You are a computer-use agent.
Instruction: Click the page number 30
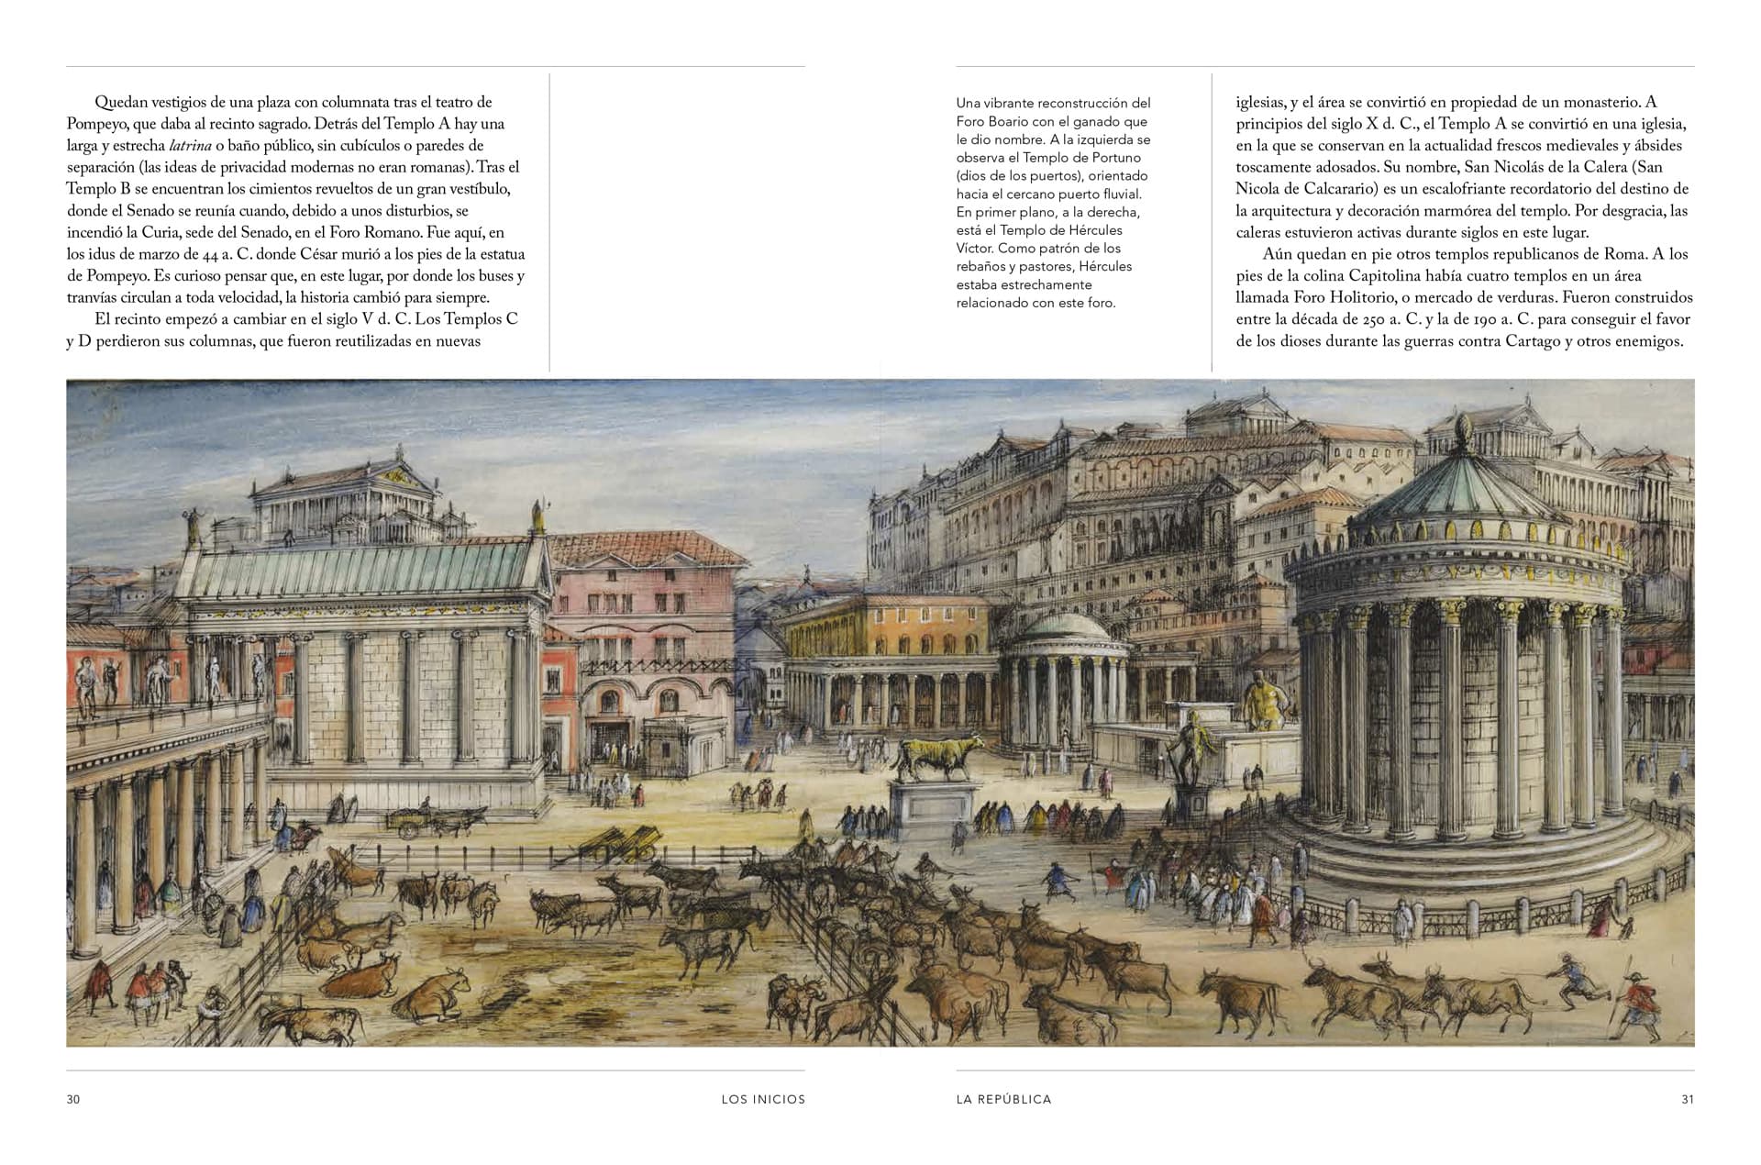tap(73, 1099)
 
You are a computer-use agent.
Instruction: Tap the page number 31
tap(1688, 1099)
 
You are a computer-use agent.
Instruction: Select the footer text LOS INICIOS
tap(763, 1099)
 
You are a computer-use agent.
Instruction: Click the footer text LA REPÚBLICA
tap(1003, 1099)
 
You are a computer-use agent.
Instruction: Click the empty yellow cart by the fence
tap(624, 842)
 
